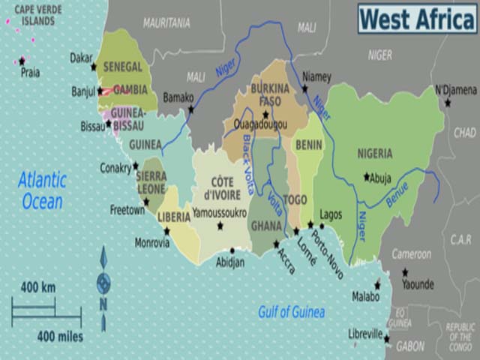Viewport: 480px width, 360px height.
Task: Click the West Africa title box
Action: click(416, 18)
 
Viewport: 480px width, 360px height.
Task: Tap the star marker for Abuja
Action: click(367, 177)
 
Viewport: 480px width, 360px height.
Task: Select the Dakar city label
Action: click(81, 57)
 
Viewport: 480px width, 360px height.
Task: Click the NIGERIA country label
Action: click(375, 154)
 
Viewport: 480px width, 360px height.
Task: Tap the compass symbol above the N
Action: click(103, 283)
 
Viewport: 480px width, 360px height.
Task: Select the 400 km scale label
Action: click(37, 287)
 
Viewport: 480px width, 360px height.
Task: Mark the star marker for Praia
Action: click(22, 61)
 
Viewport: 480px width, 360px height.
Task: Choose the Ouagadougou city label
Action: click(259, 124)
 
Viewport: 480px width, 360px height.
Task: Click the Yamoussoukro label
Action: click(219, 213)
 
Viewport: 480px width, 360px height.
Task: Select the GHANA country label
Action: click(266, 226)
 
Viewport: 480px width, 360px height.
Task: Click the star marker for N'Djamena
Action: click(448, 102)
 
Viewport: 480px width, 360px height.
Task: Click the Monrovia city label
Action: click(152, 243)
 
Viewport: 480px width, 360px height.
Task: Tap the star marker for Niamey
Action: click(304, 88)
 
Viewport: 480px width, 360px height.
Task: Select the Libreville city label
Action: click(365, 334)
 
